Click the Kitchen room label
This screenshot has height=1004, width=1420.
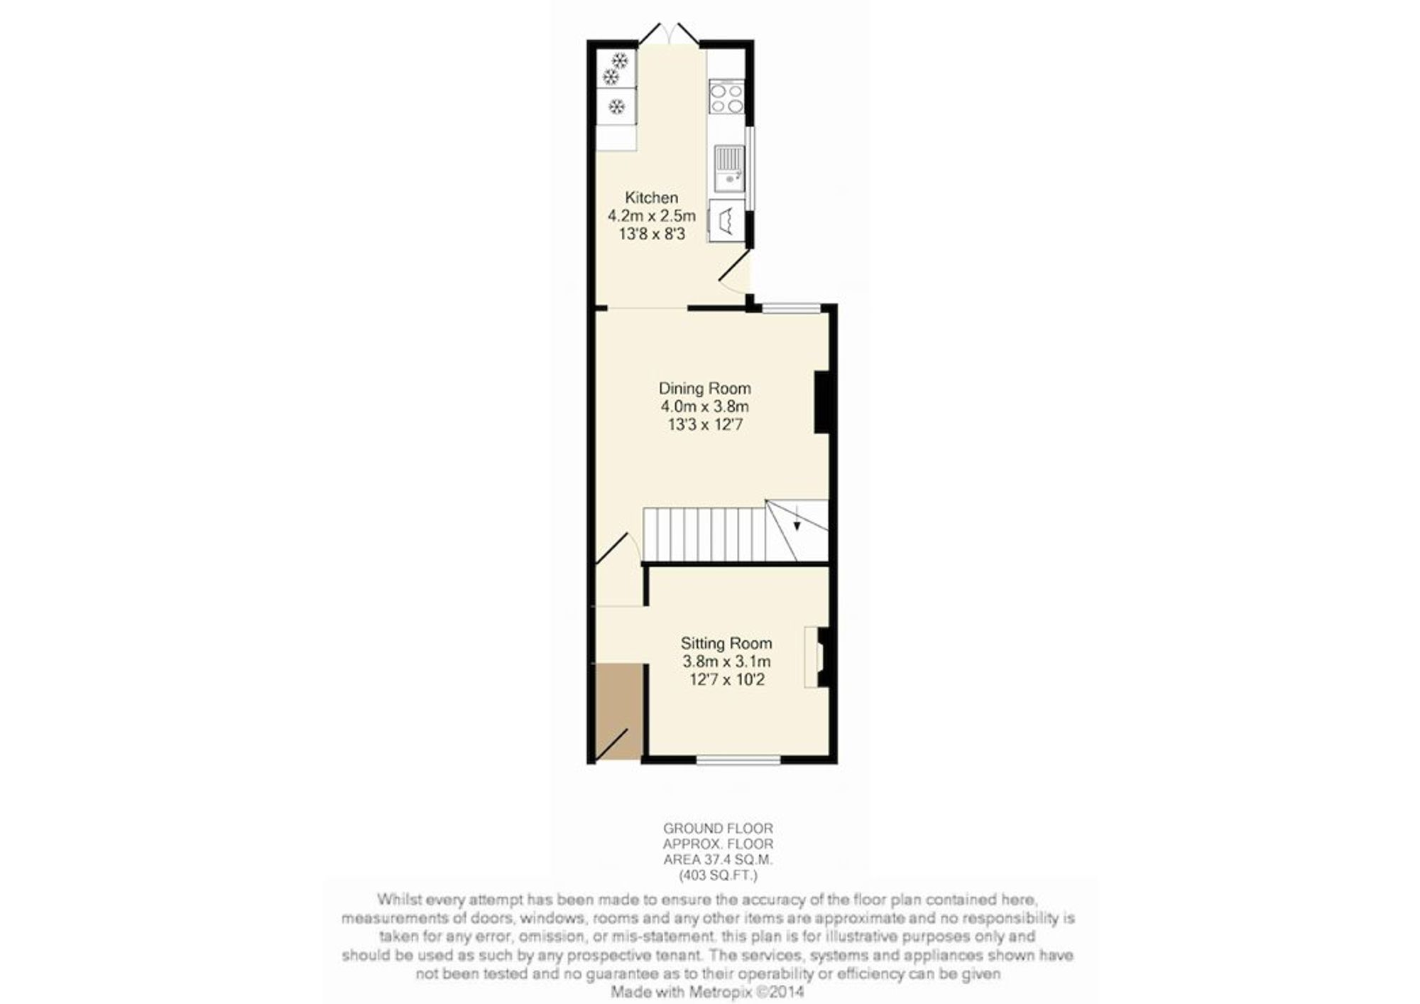[x=651, y=198]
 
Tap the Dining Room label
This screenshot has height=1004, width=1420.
[x=704, y=389]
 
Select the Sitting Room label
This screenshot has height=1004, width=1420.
[x=726, y=644]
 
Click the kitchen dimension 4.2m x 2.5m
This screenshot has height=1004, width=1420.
[x=651, y=215]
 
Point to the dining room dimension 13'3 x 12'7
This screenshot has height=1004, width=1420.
[x=704, y=425]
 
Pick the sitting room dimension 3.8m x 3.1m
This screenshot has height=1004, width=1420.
[x=726, y=662]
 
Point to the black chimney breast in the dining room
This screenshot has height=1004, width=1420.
[x=821, y=401]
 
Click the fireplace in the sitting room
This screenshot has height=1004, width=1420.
[x=816, y=657]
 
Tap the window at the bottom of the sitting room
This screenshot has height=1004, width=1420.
[x=738, y=760]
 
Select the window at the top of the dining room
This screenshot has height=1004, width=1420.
[x=792, y=308]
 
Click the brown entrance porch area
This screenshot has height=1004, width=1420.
[x=619, y=711]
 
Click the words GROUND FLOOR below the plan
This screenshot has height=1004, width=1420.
[x=718, y=828]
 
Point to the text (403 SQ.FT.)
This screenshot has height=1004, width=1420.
[x=718, y=875]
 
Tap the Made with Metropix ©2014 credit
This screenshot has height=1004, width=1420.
[x=707, y=991]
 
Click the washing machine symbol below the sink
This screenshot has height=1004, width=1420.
[x=726, y=221]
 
